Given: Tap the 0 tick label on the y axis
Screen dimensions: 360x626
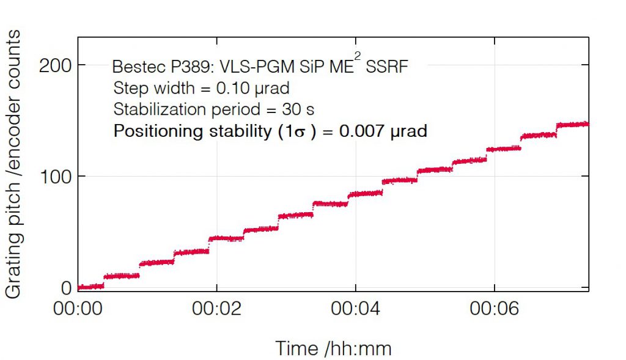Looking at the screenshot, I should (65, 287).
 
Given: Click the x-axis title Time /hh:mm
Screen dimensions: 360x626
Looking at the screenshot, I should (333, 348).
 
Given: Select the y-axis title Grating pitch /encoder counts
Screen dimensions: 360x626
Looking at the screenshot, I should (13, 165).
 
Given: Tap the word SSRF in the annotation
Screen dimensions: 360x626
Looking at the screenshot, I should (386, 67).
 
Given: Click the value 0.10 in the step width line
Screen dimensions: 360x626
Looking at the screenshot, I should (230, 89).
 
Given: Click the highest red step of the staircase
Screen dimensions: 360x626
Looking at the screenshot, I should (572, 124).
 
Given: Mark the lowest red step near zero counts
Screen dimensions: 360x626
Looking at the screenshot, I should (90, 287).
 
